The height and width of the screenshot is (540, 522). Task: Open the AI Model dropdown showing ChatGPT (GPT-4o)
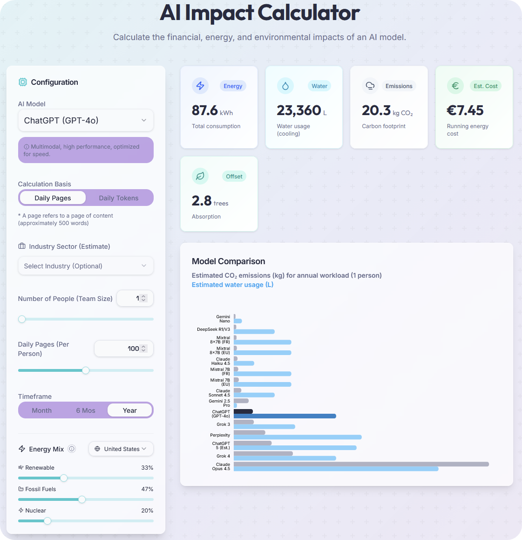(x=86, y=121)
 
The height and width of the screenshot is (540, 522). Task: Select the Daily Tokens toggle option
(x=119, y=198)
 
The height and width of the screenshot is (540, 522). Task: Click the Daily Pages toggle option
(x=53, y=198)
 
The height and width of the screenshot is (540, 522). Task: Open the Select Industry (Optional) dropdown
(x=86, y=266)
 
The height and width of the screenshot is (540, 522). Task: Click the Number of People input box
(x=132, y=298)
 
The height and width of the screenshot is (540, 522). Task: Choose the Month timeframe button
(x=41, y=410)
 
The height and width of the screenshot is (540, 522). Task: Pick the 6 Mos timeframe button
(x=86, y=410)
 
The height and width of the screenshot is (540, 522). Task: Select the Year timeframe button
(x=129, y=410)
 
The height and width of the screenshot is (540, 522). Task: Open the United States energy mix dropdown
(x=121, y=449)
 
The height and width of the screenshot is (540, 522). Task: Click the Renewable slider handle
(x=64, y=478)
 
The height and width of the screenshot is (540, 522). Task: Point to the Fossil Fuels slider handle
(x=82, y=499)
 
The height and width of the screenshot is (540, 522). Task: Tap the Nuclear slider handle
(x=47, y=521)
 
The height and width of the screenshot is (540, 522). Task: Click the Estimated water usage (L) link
(x=232, y=285)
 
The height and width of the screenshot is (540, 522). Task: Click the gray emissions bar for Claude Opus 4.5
(x=361, y=464)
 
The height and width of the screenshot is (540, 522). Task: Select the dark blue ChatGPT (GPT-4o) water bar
(x=285, y=416)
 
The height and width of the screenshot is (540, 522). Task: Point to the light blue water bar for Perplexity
(x=298, y=437)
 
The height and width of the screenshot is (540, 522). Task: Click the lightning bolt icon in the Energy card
(x=200, y=86)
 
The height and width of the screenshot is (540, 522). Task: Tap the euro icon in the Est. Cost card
(x=455, y=86)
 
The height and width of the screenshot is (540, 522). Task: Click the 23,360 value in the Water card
(x=299, y=110)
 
